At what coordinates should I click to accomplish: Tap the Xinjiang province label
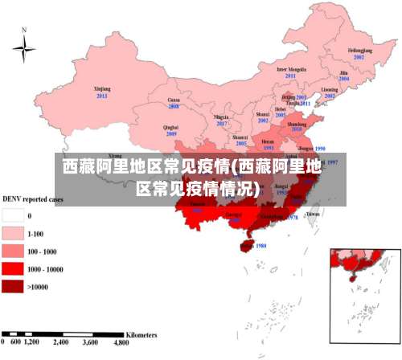click(101, 89)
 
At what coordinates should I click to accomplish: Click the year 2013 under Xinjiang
click(101, 96)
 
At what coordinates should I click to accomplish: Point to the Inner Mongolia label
click(291, 69)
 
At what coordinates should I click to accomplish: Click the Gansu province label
click(173, 99)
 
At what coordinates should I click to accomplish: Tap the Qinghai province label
click(170, 127)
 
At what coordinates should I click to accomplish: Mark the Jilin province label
click(343, 73)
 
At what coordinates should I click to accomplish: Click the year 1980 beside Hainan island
click(260, 246)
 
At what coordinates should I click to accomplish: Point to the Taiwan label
click(313, 215)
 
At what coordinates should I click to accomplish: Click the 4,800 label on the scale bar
click(122, 342)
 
